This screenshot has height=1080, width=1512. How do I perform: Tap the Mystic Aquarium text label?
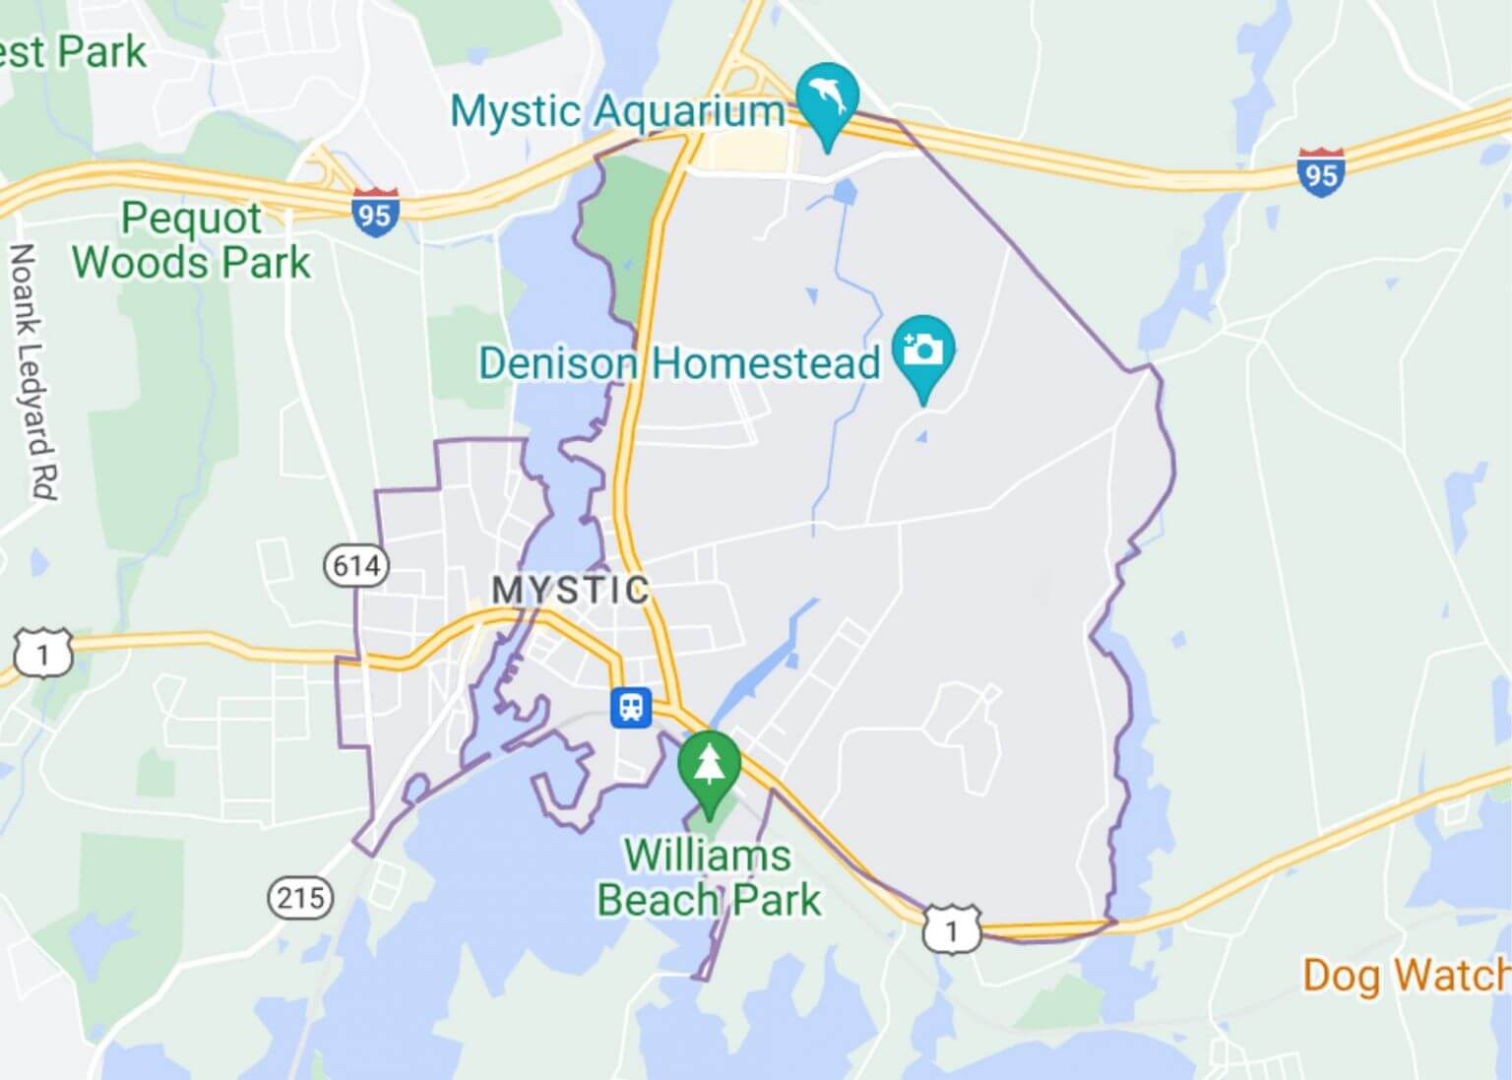[x=617, y=111]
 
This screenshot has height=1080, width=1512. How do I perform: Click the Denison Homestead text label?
[x=679, y=363]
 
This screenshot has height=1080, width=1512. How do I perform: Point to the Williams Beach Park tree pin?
[x=708, y=766]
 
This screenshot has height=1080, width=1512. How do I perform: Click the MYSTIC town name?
[x=571, y=591]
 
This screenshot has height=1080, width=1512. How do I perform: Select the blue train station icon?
[x=630, y=707]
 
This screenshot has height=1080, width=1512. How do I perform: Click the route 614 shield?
[x=356, y=566]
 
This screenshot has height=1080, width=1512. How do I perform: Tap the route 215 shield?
[x=300, y=898]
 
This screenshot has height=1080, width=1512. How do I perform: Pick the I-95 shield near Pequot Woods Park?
[x=375, y=211]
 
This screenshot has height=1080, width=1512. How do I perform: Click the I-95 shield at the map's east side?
[x=1320, y=172]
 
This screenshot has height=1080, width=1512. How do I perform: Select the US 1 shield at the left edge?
[x=43, y=655]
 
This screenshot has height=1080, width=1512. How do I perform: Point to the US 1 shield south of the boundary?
[x=952, y=929]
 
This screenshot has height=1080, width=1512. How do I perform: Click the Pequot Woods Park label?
[x=192, y=240]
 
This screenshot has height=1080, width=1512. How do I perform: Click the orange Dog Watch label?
[x=1406, y=976]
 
